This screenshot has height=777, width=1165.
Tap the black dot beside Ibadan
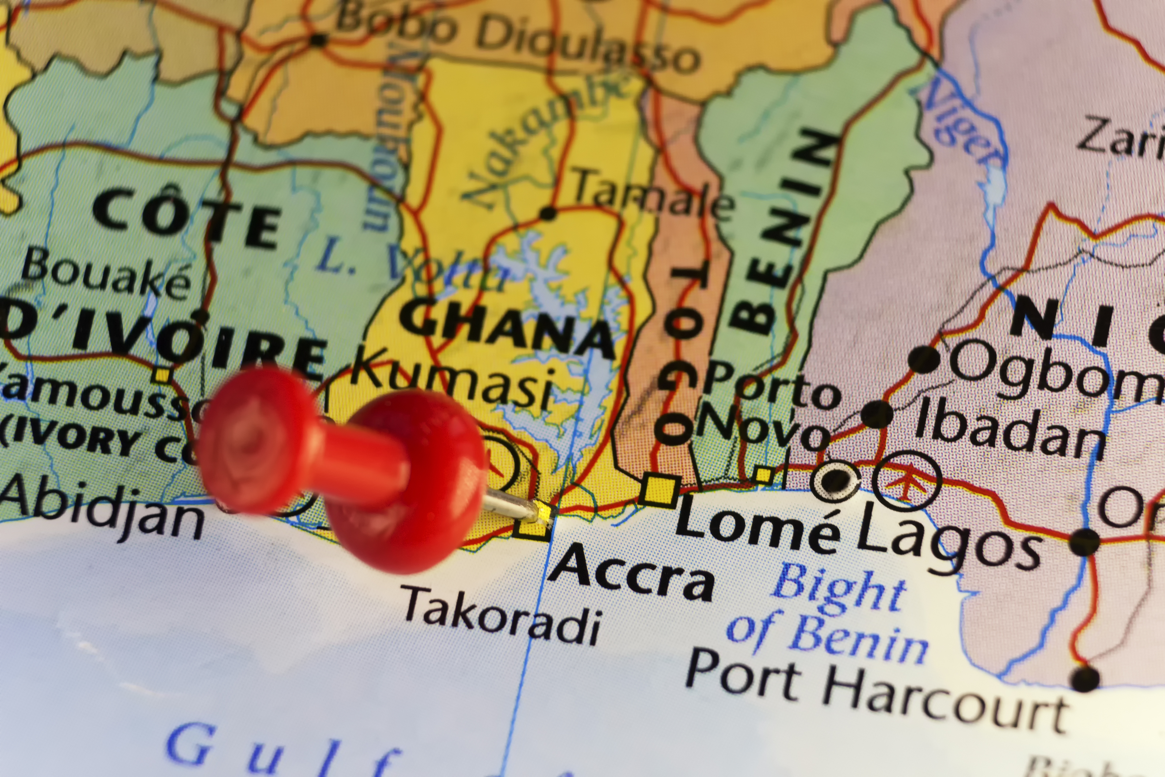coord(877,414)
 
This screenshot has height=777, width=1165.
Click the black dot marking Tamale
coord(548,213)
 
